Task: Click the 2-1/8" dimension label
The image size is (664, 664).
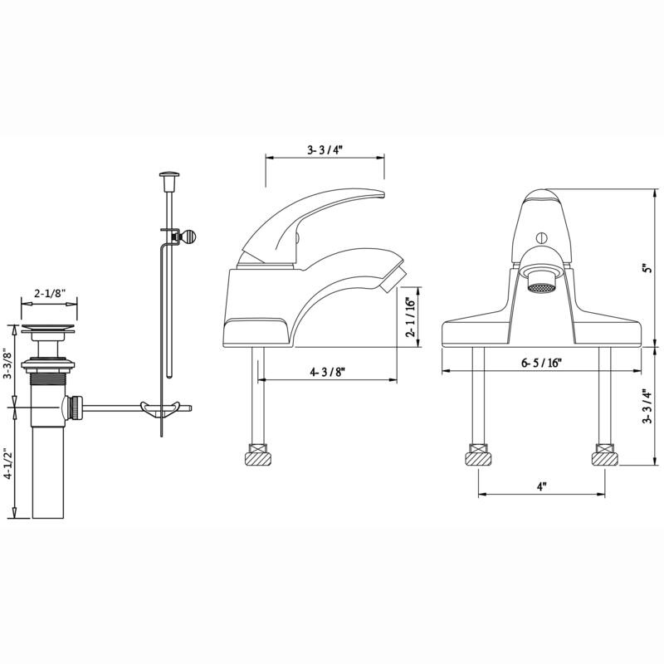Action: coord(50,293)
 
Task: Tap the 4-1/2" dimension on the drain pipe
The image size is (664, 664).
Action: coord(9,465)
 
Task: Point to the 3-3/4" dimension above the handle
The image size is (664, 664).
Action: coord(325,150)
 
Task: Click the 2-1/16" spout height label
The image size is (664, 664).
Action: coord(409,316)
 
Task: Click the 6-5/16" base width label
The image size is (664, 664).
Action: coord(543,362)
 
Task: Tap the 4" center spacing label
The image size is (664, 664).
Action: coord(541,487)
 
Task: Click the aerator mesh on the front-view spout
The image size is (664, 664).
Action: coord(541,287)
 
